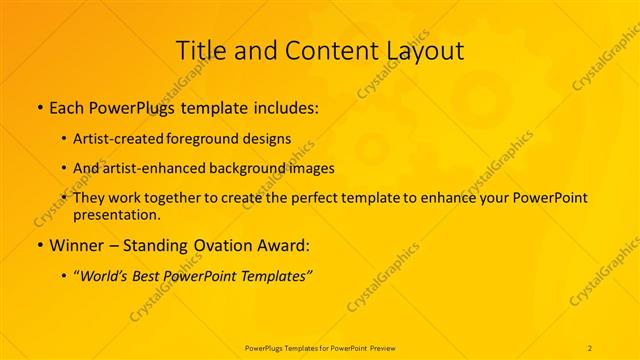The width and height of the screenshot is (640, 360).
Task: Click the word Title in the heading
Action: click(199, 50)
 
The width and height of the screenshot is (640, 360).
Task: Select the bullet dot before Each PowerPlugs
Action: click(38, 106)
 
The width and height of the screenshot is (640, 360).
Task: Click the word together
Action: click(185, 198)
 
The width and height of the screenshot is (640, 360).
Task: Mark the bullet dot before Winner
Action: click(38, 245)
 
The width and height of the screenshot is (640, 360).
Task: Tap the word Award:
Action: click(285, 245)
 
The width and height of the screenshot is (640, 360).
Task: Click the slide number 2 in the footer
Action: click(590, 347)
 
